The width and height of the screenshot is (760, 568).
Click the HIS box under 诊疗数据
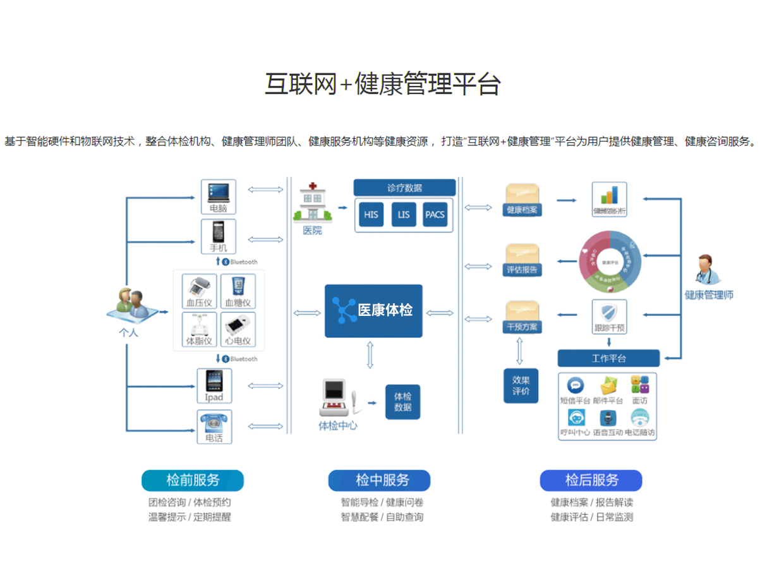click(x=371, y=215)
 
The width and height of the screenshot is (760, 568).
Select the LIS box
click(x=404, y=215)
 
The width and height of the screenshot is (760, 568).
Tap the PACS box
click(x=435, y=215)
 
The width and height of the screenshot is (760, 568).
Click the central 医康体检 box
click(x=373, y=310)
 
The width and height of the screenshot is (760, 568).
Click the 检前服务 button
click(x=193, y=480)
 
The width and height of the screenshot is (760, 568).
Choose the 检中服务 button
click(x=379, y=480)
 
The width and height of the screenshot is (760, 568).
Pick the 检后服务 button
click(x=591, y=480)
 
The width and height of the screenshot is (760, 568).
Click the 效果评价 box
click(x=521, y=385)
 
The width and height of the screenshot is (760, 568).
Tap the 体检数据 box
click(x=402, y=402)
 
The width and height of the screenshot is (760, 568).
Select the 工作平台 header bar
click(x=608, y=358)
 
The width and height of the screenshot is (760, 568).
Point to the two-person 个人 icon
click(x=131, y=305)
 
